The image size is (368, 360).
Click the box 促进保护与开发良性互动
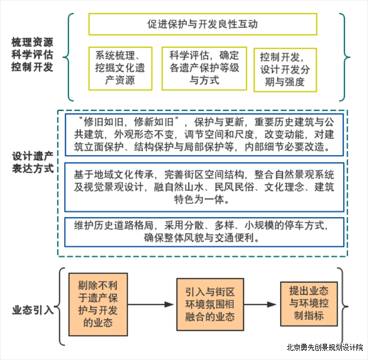click(x=203, y=24)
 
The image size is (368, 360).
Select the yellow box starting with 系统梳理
click(x=120, y=68)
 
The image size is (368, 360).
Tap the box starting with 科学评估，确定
click(x=204, y=68)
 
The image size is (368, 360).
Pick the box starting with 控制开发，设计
click(x=285, y=70)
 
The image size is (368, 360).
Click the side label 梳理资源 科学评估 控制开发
click(x=32, y=54)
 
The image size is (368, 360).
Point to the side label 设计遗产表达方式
click(x=33, y=162)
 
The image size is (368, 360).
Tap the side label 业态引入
click(x=33, y=310)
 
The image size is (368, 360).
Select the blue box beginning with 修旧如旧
click(x=204, y=135)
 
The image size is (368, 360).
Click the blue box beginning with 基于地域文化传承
click(x=204, y=187)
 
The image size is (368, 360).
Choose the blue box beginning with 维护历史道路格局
click(x=204, y=232)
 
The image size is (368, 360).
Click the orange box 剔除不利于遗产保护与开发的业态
click(x=98, y=304)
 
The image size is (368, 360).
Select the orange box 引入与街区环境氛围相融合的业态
click(x=210, y=304)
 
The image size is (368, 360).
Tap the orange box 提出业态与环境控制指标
click(x=309, y=304)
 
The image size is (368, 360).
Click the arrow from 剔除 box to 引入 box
click(x=150, y=304)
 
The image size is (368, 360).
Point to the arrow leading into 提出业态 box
click(x=260, y=304)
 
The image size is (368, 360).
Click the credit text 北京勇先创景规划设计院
click(x=325, y=347)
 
